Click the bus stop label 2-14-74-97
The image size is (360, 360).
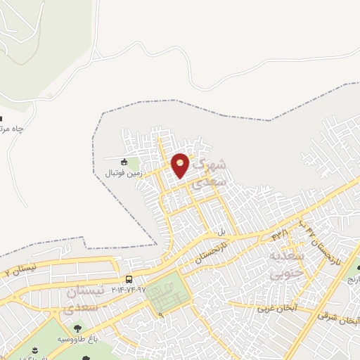pos(128,290)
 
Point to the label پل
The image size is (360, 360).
pos(220,231)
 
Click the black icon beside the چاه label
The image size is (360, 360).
pos(2,117)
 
